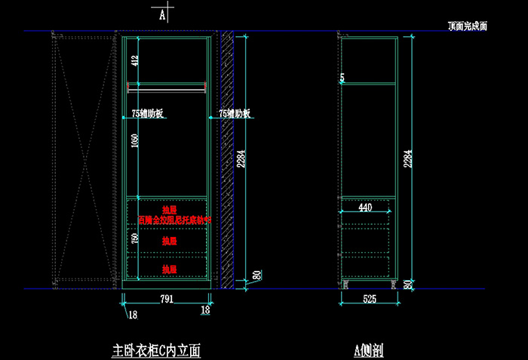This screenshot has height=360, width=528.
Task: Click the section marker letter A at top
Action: point(162,14)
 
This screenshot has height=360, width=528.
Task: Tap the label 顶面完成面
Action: point(467,26)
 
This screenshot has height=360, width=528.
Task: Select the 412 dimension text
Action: point(135,60)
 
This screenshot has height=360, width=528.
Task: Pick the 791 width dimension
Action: point(166,299)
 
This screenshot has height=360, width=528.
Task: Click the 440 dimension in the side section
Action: point(365,207)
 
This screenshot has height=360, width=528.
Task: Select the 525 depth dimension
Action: point(369,299)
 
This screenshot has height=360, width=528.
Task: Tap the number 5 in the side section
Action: point(342,78)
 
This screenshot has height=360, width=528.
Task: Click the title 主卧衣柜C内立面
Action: point(156,350)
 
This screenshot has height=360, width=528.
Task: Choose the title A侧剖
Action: point(369,350)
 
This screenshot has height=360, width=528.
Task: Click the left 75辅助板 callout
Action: point(148,114)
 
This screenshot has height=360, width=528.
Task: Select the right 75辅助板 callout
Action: point(235,114)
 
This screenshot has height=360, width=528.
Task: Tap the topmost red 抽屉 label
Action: point(169,210)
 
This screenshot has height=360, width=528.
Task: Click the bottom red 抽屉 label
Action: point(169,269)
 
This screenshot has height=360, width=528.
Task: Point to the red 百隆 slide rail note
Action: point(174,220)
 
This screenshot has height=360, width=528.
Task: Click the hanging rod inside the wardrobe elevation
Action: point(167,88)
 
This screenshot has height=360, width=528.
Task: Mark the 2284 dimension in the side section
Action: point(407,158)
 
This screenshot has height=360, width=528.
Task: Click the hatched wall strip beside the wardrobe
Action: point(225,158)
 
